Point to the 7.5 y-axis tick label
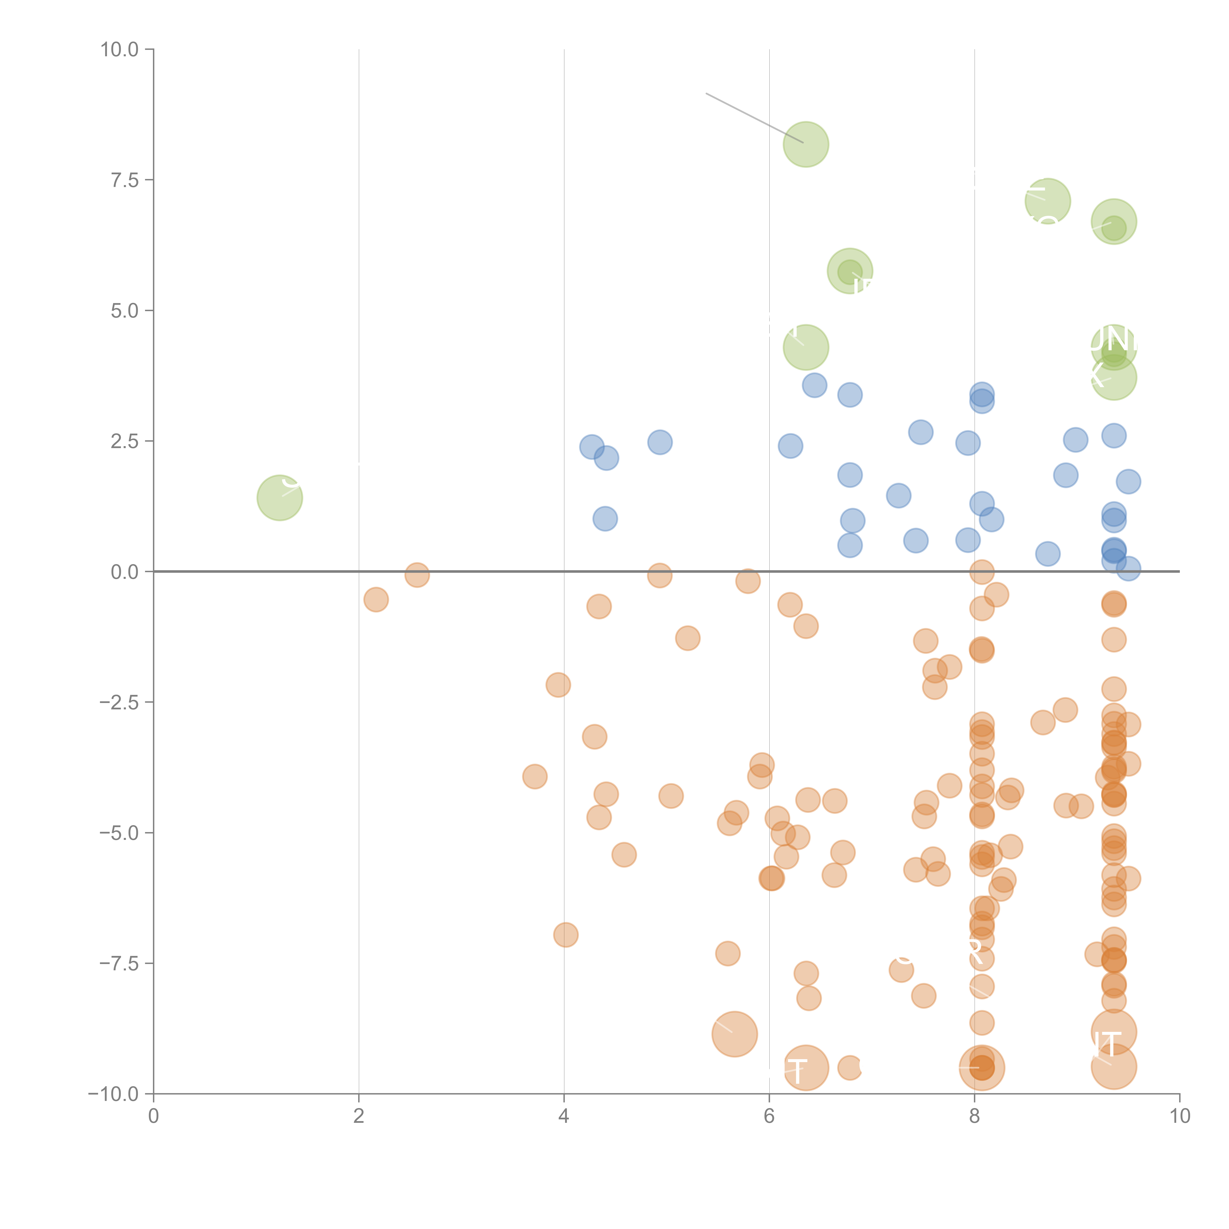click(x=125, y=180)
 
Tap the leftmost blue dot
click(x=592, y=447)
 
